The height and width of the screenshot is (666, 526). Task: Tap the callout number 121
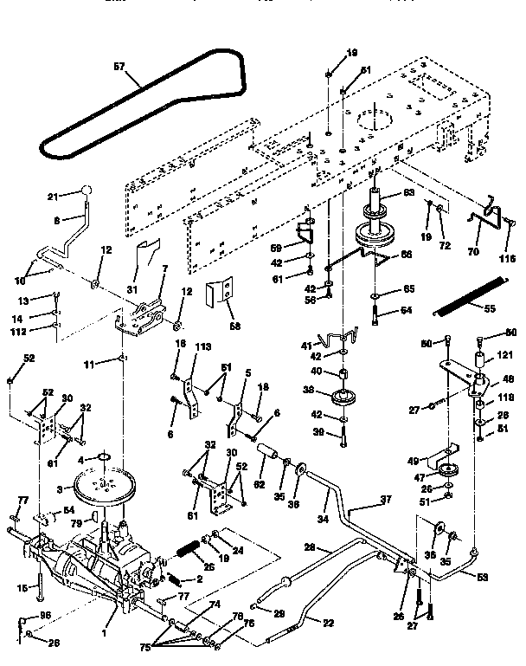[x=504, y=356]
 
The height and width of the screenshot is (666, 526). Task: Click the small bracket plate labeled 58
[x=222, y=296]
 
